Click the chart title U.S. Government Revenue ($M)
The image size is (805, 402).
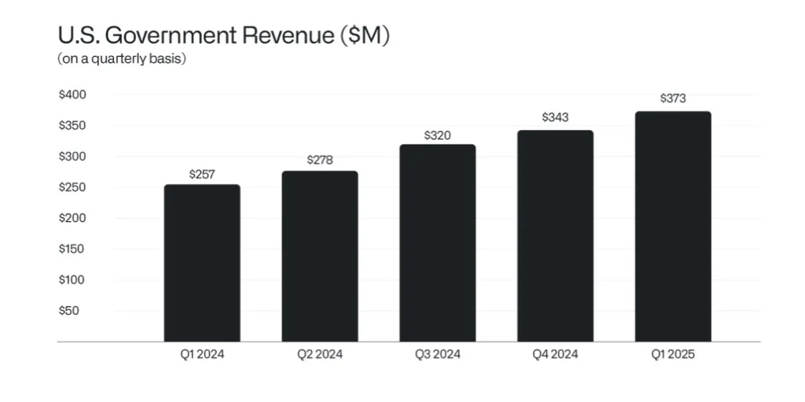coord(223,36)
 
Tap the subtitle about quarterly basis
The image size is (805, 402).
coord(122,59)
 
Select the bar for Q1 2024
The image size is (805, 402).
coord(202,263)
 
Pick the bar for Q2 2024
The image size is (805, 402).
coord(320,256)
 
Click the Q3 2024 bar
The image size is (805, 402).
coord(437,243)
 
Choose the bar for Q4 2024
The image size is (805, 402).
coord(555,236)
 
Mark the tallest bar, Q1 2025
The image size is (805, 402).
coord(673,227)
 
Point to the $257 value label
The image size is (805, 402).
coord(202,174)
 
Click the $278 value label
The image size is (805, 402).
coord(320,160)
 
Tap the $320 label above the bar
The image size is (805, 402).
coord(437,135)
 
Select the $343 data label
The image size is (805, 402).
coord(555,117)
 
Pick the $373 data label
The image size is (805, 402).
coord(673,98)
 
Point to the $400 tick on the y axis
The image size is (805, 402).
coord(72,94)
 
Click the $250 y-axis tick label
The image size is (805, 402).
coord(72,187)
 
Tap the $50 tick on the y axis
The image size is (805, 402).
coord(69,310)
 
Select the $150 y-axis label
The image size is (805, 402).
coord(72,249)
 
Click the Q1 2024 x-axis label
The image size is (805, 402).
coord(202,354)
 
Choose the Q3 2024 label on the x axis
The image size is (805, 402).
coord(437,354)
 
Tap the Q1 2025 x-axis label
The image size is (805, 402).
coord(673,354)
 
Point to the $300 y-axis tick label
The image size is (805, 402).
coord(72,157)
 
